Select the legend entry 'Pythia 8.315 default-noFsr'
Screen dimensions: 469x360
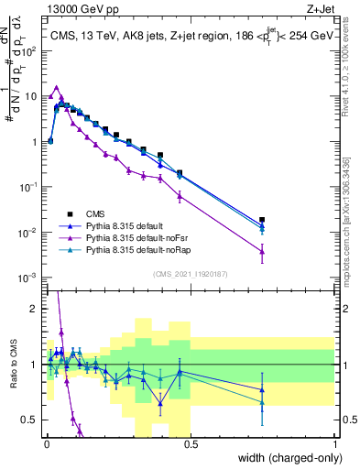(130, 236)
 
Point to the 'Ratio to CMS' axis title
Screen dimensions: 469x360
(12, 362)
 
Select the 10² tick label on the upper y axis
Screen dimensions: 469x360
(30, 50)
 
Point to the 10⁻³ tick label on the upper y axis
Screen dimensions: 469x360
(30, 278)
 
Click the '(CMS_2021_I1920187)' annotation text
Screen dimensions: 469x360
(190, 273)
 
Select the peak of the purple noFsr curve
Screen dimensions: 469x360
(57, 88)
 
